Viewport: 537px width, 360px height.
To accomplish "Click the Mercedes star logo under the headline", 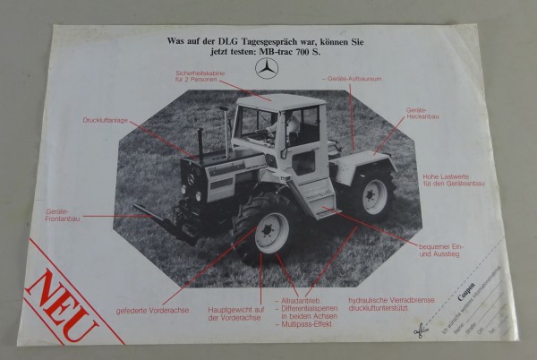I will [x=267, y=70].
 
